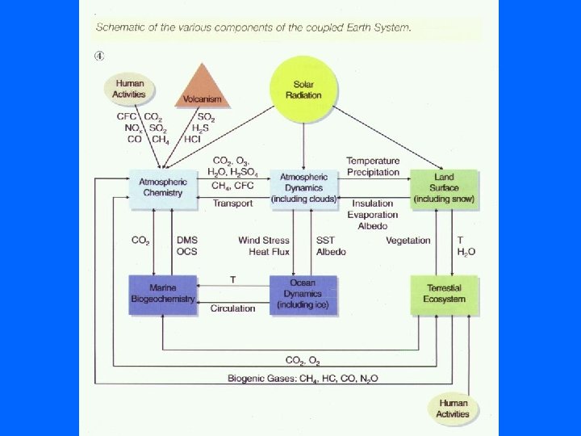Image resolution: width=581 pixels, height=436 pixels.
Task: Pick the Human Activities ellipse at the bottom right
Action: (452, 409)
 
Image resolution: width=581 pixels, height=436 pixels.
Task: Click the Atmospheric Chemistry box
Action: (163, 187)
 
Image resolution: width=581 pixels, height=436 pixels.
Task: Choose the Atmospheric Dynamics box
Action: (303, 187)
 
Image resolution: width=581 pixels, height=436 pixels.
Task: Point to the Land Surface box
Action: (444, 188)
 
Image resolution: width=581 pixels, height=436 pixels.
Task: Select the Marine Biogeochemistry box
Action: (163, 293)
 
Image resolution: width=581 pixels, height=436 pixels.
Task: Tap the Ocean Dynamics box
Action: (303, 294)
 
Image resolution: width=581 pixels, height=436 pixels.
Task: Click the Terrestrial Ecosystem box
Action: (444, 294)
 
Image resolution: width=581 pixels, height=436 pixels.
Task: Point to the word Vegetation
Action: (408, 241)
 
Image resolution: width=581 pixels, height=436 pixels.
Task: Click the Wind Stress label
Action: (264, 241)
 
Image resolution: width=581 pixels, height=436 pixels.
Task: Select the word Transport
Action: (233, 203)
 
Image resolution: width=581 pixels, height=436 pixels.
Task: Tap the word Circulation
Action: (233, 308)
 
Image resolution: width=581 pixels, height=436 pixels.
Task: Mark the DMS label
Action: (186, 241)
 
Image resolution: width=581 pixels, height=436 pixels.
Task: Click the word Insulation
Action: (371, 203)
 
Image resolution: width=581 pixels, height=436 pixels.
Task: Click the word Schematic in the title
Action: (121, 27)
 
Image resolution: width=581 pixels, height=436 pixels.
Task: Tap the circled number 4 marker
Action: (99, 56)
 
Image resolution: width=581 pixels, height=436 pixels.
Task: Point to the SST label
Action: (325, 241)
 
